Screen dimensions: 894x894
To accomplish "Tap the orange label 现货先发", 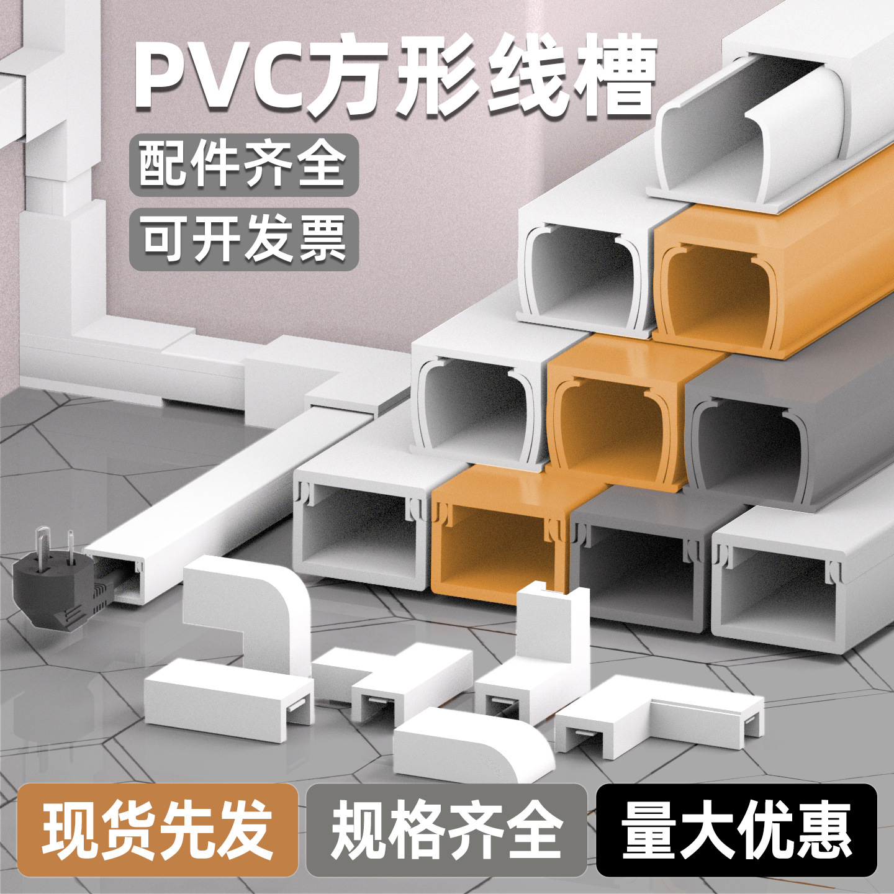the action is [x=158, y=829].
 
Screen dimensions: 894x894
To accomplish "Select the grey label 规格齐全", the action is [x=446, y=829].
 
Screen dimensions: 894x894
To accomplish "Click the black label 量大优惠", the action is [x=736, y=829].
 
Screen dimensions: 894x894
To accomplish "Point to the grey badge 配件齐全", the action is [x=243, y=165].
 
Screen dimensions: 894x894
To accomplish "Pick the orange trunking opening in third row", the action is [x=612, y=428].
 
